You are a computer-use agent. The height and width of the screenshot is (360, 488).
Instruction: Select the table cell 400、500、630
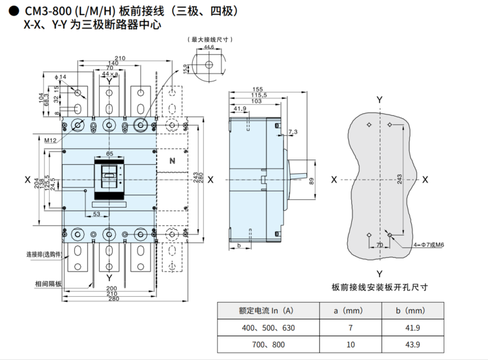pos(268,327)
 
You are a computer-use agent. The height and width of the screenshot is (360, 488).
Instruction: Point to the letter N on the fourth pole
pos(172,161)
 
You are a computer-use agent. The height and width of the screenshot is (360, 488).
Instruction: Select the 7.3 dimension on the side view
pos(292,132)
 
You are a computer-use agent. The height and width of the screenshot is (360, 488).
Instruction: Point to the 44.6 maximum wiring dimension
pos(208,48)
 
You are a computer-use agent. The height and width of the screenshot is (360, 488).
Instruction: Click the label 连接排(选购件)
pos(44,254)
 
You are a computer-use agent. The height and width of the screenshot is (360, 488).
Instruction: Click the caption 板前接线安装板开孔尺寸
pos(379,287)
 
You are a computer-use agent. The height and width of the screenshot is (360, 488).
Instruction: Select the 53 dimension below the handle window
pos(96,214)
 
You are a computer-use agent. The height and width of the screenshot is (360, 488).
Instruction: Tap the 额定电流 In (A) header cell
pos(268,311)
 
